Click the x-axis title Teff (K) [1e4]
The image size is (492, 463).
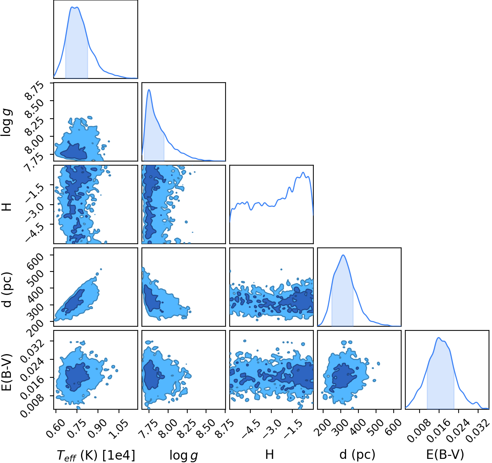point(96,455)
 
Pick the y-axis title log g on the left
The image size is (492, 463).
point(7,122)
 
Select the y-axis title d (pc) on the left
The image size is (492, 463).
point(7,290)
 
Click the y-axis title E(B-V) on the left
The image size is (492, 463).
point(7,372)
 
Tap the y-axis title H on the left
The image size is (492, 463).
point(7,207)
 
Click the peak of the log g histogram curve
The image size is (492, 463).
point(149,89)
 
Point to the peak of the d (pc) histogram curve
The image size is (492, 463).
point(343,255)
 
